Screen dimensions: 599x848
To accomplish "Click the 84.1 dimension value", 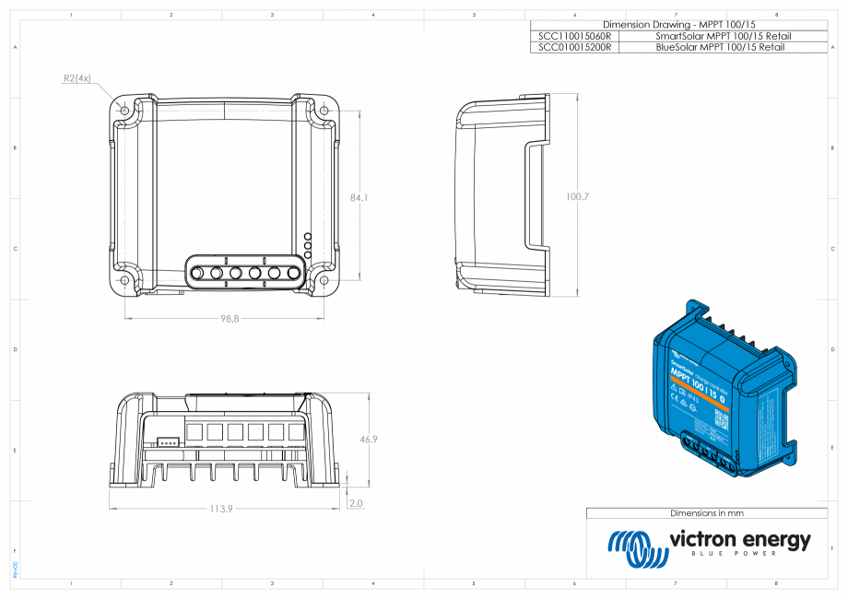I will (x=360, y=198).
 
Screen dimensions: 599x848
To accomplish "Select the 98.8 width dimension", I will (x=230, y=318).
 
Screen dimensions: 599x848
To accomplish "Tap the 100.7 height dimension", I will (x=578, y=197).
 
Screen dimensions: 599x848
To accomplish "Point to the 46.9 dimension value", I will (x=369, y=440).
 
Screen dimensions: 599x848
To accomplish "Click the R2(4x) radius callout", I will (x=77, y=78).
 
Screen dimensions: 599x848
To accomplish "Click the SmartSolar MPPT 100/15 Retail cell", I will (x=723, y=36).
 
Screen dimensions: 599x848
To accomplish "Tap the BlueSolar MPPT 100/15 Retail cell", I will (x=723, y=46).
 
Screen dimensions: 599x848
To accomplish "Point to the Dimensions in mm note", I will (x=706, y=512).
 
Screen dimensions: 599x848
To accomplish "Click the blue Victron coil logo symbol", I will (x=634, y=548).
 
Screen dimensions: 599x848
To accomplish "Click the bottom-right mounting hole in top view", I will (x=324, y=280).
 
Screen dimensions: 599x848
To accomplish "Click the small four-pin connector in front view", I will (x=167, y=441).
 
